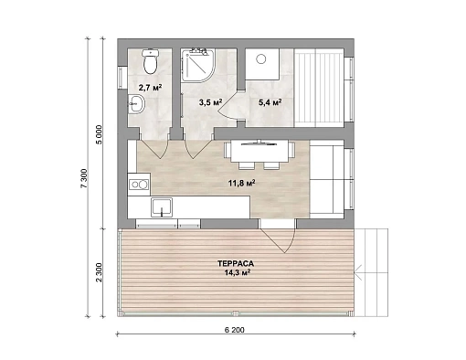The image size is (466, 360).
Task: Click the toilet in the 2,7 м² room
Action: (150, 62)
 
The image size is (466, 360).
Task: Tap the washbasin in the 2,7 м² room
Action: (136, 103)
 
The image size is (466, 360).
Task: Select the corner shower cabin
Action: (197, 65)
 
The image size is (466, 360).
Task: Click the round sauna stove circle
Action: (261, 58)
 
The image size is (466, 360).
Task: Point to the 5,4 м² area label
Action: (270, 102)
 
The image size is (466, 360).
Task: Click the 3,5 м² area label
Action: (210, 102)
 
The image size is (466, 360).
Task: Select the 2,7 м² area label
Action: (150, 88)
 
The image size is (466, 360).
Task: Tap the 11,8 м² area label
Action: (241, 183)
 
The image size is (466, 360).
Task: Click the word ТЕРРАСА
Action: (236, 263)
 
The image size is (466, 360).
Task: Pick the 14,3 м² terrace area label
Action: (238, 272)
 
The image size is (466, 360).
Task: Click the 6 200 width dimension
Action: (235, 330)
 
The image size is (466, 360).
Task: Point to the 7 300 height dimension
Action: (84, 179)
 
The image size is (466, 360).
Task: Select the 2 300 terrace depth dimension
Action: (100, 272)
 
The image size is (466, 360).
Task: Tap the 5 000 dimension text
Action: (101, 135)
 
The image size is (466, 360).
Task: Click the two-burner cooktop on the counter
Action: (139, 185)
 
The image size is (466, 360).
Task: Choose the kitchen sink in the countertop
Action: (162, 207)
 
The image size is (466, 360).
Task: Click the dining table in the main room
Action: (259, 151)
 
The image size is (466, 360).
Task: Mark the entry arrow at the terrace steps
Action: (358, 272)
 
